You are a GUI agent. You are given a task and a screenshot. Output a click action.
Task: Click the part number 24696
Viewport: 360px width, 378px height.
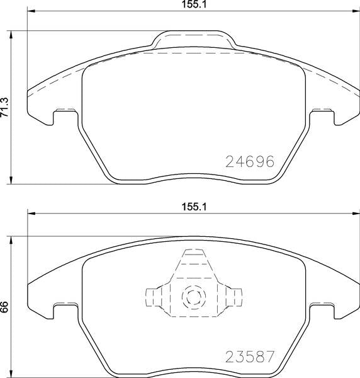tap(250, 161)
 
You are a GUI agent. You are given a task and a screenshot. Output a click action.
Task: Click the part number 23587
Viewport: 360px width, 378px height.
tap(250, 357)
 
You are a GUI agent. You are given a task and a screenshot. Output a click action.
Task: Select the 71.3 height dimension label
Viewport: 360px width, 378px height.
tap(5, 107)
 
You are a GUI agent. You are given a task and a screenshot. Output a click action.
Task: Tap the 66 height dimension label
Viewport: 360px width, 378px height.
tap(4, 307)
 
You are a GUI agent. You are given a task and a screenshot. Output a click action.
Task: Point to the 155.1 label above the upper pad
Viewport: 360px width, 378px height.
tap(194, 4)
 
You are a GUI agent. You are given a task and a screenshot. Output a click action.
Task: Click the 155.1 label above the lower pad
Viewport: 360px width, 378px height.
tap(194, 207)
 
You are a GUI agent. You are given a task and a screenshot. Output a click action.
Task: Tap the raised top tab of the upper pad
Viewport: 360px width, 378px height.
tap(194, 38)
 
